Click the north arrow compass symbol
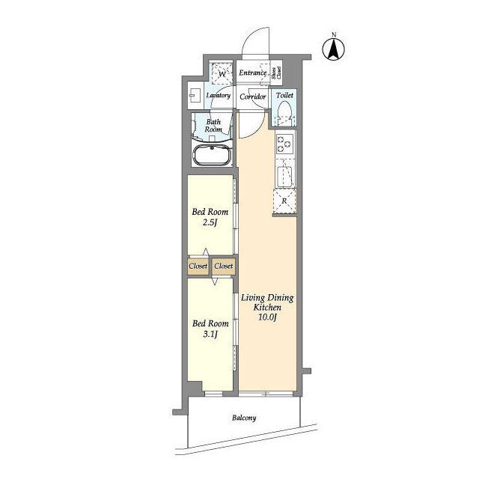pos(334,49)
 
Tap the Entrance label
pos(253,73)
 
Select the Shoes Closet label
pos(276,73)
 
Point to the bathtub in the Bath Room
pos(213,155)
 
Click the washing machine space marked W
pos(222,73)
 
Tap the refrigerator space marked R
pos(284,201)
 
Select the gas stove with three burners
pos(284,144)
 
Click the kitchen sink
pos(284,177)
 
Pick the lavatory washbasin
pos(194,95)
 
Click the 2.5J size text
pos(210,222)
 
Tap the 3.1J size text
pos(210,335)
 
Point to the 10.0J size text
pos(267,317)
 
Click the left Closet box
pos(198,266)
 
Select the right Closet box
pos(223,266)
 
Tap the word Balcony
pos(244,418)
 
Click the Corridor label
pos(253,97)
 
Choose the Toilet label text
pos(284,95)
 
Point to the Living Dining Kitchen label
pos(267,302)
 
